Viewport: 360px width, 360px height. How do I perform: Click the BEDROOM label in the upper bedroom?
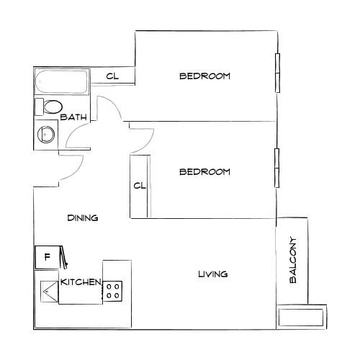(204, 76)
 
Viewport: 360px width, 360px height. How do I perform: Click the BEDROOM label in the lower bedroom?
(204, 171)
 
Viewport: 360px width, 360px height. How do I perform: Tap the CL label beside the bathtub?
(112, 76)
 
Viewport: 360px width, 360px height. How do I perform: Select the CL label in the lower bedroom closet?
(140, 186)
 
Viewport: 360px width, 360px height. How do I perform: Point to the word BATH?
(73, 117)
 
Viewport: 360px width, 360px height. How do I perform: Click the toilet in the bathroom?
(50, 108)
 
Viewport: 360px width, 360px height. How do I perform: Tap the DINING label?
(83, 217)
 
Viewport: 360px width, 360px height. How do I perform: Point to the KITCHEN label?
(80, 282)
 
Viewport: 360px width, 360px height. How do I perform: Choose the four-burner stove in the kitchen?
(113, 290)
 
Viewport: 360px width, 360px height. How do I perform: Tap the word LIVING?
(212, 274)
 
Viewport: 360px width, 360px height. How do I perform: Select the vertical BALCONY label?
(293, 261)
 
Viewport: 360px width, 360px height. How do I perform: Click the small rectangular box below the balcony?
(300, 318)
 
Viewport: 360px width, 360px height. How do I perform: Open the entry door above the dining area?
(72, 167)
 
